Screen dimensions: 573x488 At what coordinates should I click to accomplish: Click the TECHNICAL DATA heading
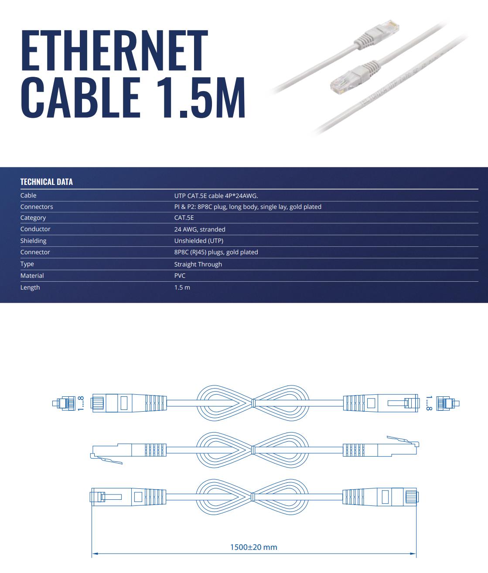coord(46,182)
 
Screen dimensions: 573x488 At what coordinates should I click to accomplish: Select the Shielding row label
coord(33,241)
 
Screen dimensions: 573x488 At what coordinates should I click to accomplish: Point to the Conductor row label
coord(35,229)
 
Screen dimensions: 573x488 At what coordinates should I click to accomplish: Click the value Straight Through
coord(198,264)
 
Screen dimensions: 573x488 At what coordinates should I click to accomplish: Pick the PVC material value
coord(180,276)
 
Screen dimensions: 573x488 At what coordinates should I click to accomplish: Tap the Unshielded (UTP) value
coord(198,241)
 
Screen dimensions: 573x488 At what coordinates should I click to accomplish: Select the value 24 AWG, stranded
coord(200,229)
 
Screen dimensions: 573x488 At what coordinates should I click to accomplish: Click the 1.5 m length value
coord(182,287)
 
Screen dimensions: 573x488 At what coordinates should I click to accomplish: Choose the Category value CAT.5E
coord(184,218)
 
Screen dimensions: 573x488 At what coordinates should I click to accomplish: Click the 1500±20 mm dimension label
coord(253,547)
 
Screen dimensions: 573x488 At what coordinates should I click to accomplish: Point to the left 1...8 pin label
coord(80,403)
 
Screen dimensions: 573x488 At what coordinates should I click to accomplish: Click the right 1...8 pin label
coord(429,403)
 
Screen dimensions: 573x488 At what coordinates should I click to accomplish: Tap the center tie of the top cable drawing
coord(253,403)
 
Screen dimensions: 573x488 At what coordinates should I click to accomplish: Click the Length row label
coord(30,287)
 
